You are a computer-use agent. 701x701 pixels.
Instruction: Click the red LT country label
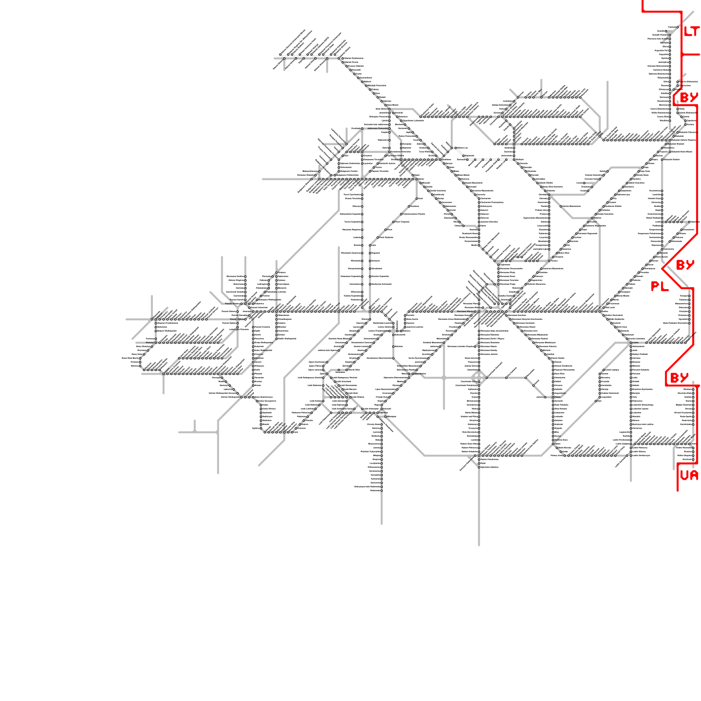(692, 32)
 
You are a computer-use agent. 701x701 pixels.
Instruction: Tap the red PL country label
(659, 287)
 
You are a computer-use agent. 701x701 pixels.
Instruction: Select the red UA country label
(689, 475)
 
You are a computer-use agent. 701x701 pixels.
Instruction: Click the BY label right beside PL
(685, 265)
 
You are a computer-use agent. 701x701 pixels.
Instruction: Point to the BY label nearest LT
(689, 97)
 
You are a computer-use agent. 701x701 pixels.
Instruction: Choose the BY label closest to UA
(680, 378)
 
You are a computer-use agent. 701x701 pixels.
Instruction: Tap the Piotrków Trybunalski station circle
(382, 451)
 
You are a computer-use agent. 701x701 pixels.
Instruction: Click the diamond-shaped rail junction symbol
(478, 377)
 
